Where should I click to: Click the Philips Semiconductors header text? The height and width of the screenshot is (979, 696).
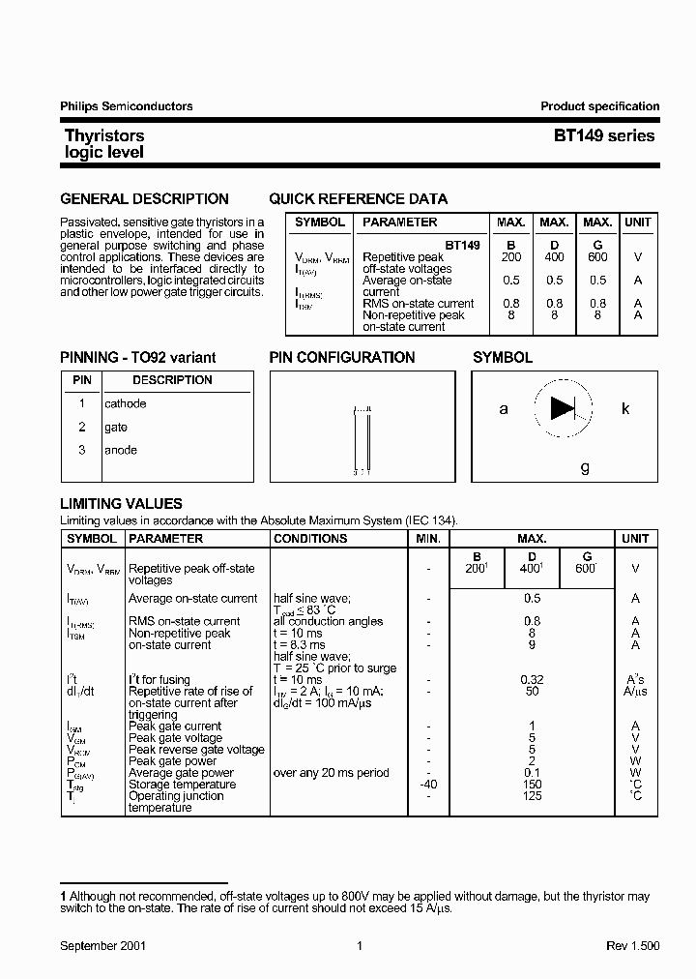point(127,106)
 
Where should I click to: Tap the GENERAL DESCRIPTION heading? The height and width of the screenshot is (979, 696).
point(144,199)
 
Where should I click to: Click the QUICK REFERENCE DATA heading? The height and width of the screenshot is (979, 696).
point(358,199)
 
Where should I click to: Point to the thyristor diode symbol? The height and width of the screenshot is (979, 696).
point(563,408)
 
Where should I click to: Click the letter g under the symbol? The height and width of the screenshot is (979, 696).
point(585,467)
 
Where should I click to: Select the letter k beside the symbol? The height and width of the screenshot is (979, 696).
point(625,408)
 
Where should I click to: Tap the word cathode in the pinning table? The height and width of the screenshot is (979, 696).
point(126,403)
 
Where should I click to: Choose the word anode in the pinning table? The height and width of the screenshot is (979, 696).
point(121,450)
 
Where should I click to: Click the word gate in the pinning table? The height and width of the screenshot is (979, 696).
point(116,427)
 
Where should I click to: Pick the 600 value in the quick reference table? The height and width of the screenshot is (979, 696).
point(597,257)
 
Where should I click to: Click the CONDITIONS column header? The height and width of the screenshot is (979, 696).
point(310,539)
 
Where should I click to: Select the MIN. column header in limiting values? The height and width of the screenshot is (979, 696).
point(428,539)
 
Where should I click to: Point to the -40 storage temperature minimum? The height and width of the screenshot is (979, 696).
point(428,785)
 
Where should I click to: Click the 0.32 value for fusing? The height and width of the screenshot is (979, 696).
point(532,680)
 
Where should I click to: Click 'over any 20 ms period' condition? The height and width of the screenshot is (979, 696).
point(331,773)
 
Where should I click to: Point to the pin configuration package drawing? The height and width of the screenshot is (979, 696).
point(362,440)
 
